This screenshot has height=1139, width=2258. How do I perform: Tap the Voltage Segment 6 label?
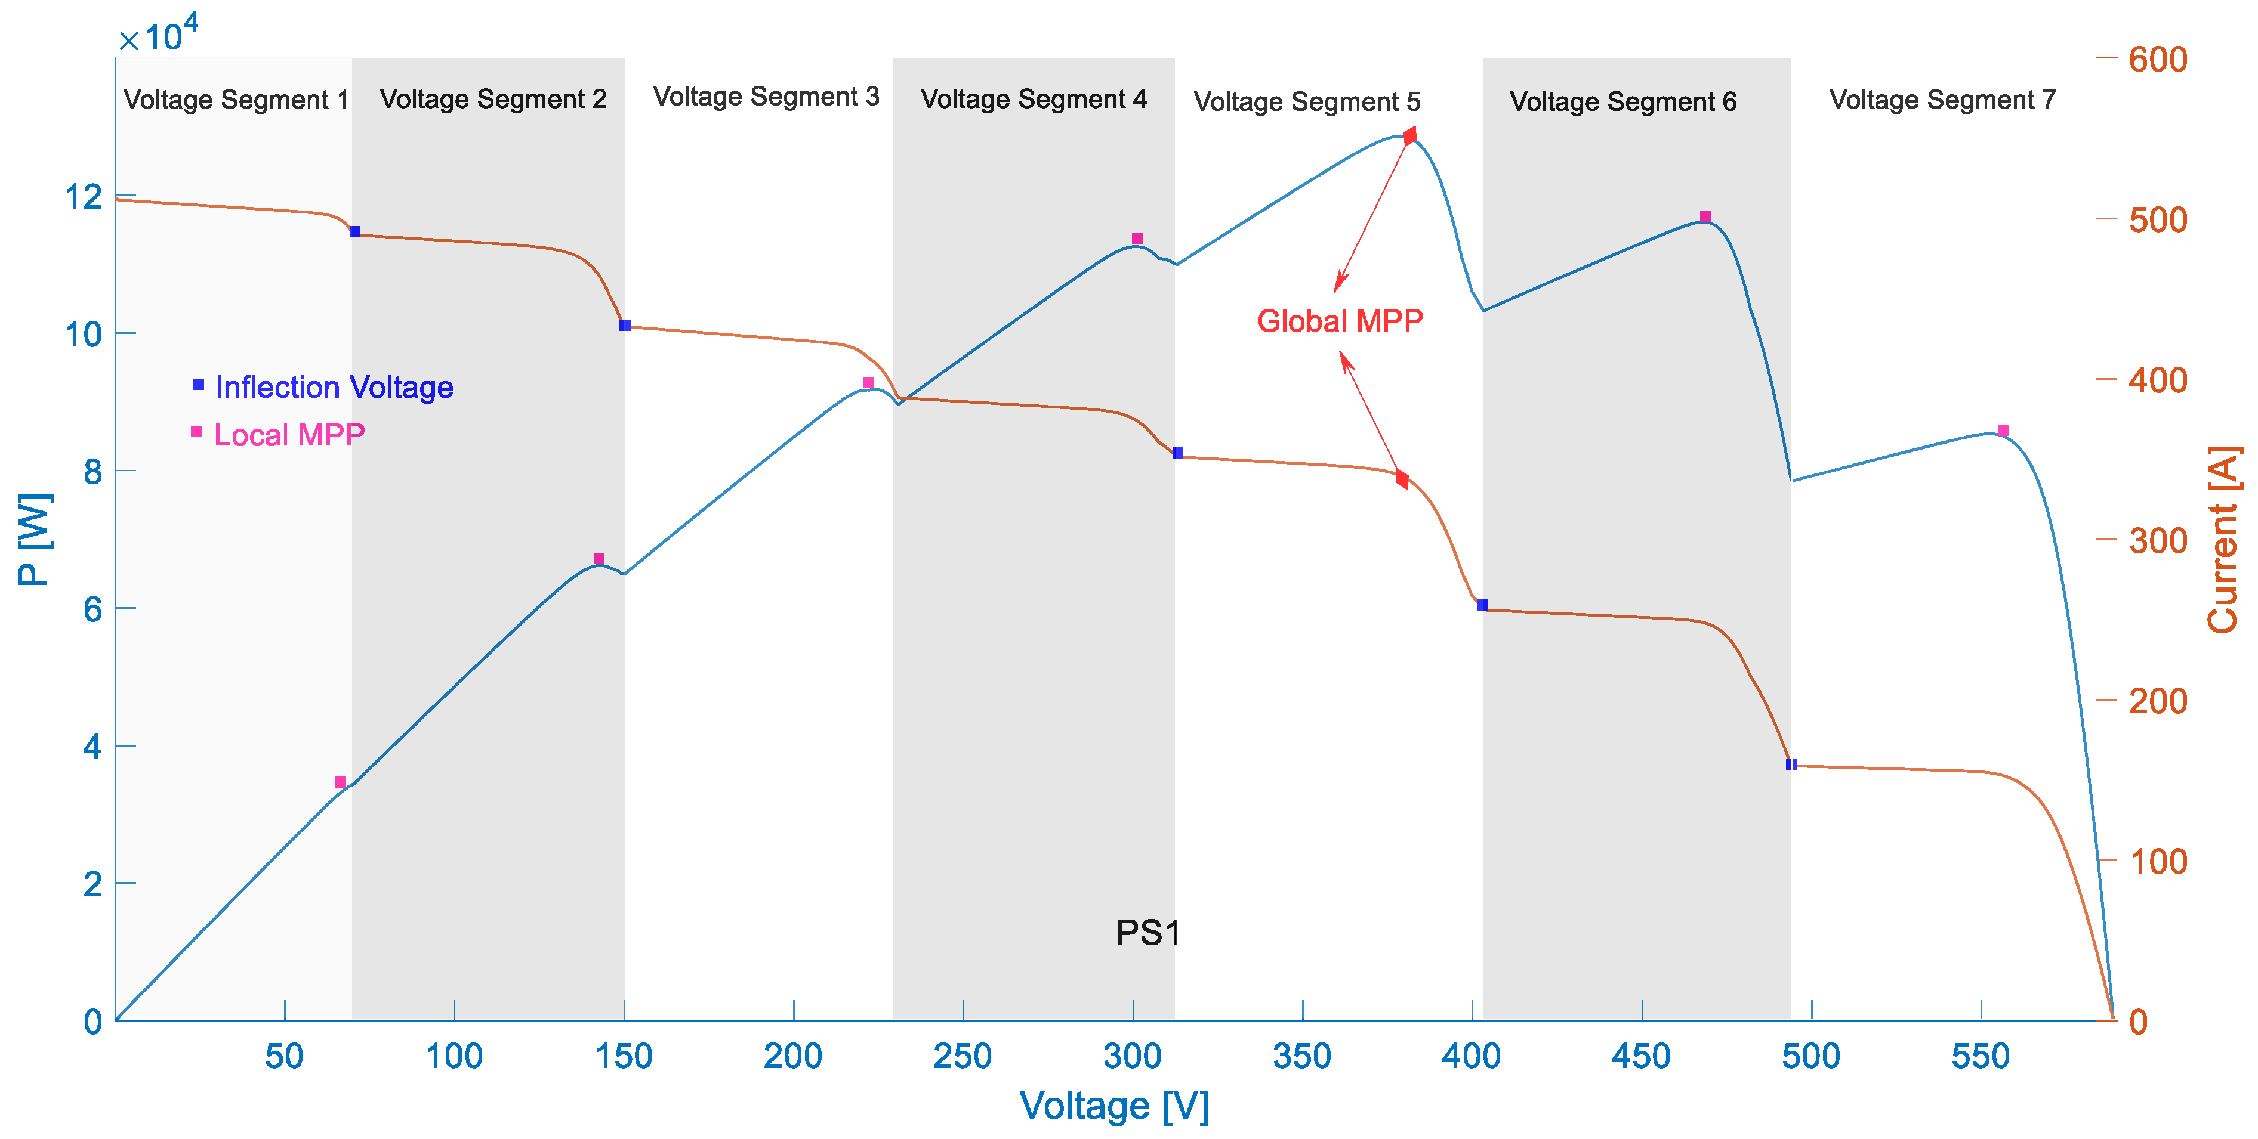coord(1622,101)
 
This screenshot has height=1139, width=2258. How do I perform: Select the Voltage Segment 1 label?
coord(236,100)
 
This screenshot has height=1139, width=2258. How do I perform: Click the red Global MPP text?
coord(1340,321)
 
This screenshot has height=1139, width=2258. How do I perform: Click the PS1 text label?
coord(1147,932)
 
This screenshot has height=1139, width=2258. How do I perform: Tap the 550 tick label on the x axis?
coord(1980,1056)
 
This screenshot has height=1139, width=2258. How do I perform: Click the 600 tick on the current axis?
coord(2157,60)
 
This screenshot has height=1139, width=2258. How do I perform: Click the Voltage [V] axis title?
coord(1114,1106)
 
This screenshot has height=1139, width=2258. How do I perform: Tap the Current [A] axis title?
coord(2222,540)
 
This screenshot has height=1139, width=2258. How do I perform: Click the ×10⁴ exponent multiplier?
coord(159,35)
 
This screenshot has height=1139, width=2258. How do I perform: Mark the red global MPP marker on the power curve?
coord(1409,136)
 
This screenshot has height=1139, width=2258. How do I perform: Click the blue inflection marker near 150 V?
coord(625,325)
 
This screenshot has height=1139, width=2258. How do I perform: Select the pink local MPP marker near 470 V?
coord(1705,216)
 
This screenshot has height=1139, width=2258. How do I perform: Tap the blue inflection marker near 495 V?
coord(1791,765)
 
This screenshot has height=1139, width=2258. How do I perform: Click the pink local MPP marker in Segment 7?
coord(2003,430)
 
